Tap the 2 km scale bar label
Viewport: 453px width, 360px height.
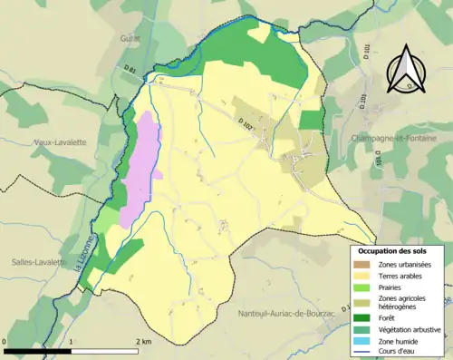pos(145,340)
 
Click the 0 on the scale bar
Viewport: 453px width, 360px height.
pos(6,340)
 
